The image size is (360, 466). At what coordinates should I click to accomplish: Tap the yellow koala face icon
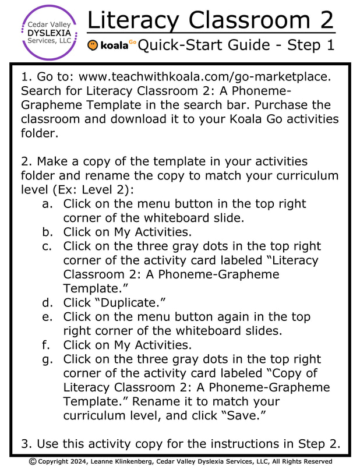[93, 45]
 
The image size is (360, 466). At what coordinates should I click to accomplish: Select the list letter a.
[48, 204]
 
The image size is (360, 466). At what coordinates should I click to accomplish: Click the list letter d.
[48, 302]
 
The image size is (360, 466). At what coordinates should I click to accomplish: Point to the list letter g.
[48, 359]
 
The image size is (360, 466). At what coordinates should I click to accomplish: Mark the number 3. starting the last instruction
[26, 444]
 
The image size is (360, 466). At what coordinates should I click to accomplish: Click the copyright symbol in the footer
[33, 461]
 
